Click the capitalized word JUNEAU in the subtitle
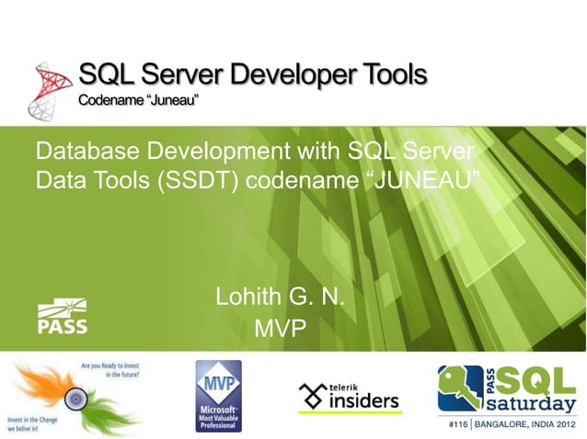(x=424, y=179)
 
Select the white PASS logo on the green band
(x=63, y=317)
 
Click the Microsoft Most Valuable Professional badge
(x=218, y=396)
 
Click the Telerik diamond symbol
(x=312, y=397)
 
